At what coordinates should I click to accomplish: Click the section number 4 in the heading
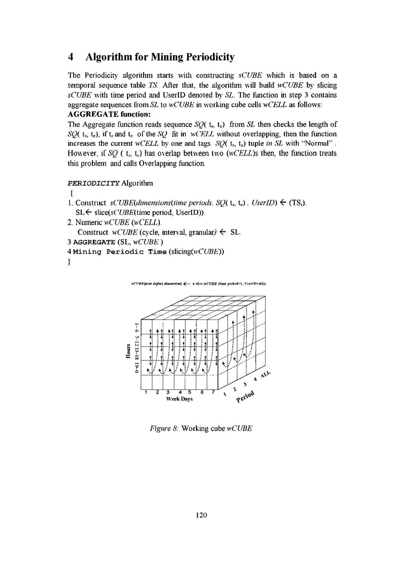click(70, 58)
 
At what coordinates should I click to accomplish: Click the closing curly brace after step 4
click(70, 262)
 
